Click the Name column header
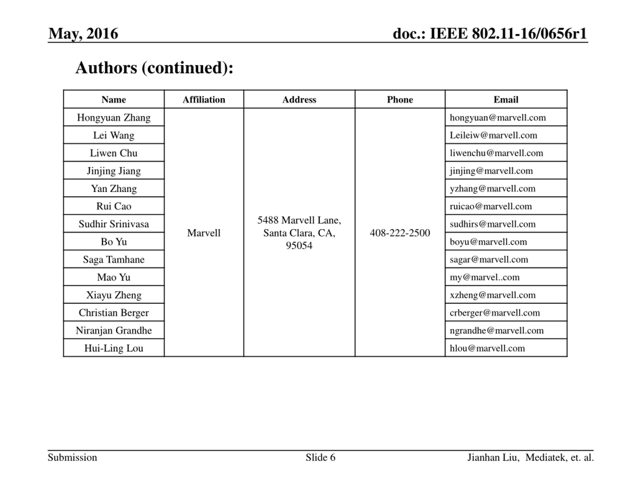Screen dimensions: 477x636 114,99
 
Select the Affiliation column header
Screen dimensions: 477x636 204,99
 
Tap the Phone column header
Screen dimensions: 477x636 400,99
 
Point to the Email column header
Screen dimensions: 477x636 506,99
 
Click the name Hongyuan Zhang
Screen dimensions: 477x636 114,117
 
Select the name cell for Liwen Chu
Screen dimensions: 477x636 114,153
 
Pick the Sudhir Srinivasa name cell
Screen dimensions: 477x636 114,224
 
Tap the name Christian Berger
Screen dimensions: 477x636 114,313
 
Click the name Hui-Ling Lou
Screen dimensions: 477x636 114,348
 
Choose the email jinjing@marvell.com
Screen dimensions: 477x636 491,170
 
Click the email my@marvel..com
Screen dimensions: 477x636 484,277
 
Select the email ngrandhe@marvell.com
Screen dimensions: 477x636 497,330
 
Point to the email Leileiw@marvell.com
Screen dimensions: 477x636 493,135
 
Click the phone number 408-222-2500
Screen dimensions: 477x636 400,233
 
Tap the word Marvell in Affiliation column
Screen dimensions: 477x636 204,233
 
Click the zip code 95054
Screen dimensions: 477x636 299,245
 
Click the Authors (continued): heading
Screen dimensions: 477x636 154,68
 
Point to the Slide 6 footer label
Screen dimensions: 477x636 320,457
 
